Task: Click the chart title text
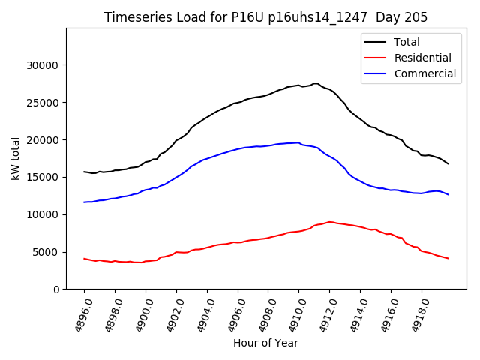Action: point(265,17)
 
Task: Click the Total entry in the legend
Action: point(406,42)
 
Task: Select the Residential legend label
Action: point(422,58)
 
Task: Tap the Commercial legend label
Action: point(424,73)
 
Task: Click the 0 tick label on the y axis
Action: point(56,289)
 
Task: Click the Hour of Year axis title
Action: point(265,343)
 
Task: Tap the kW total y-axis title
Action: point(16,159)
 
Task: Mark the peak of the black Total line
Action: point(316,83)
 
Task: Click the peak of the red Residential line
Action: point(330,222)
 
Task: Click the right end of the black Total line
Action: point(448,163)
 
